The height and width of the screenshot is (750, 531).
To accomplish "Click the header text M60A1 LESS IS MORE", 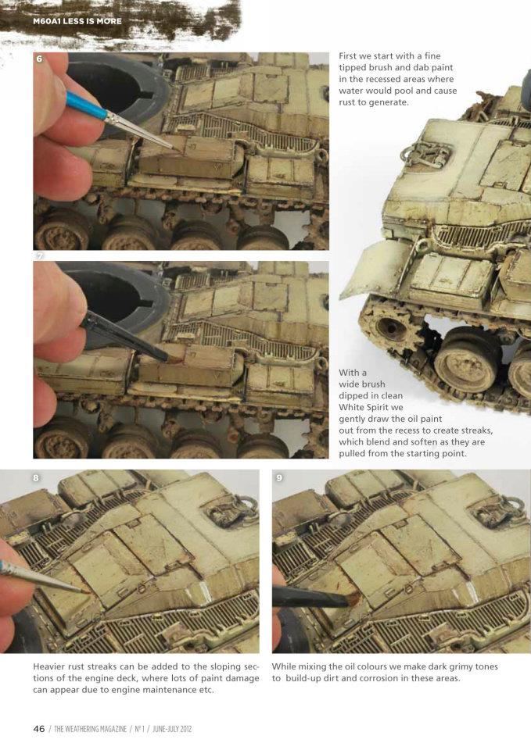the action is [77, 21].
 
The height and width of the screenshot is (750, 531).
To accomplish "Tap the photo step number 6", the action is [39, 59].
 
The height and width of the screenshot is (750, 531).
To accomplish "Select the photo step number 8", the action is [36, 477].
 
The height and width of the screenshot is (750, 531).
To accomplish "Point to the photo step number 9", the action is [279, 477].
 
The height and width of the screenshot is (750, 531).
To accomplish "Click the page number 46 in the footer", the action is [39, 729].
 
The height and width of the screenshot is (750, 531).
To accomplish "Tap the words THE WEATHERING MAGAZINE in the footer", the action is [91, 729].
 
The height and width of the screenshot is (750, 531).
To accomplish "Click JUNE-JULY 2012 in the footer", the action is [172, 729].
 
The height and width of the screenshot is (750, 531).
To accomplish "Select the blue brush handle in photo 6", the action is [87, 105].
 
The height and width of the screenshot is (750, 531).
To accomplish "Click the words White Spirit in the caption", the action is [364, 407].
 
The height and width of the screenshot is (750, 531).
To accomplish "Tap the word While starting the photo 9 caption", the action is [283, 666].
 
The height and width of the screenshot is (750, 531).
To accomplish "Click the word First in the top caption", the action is [348, 56].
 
